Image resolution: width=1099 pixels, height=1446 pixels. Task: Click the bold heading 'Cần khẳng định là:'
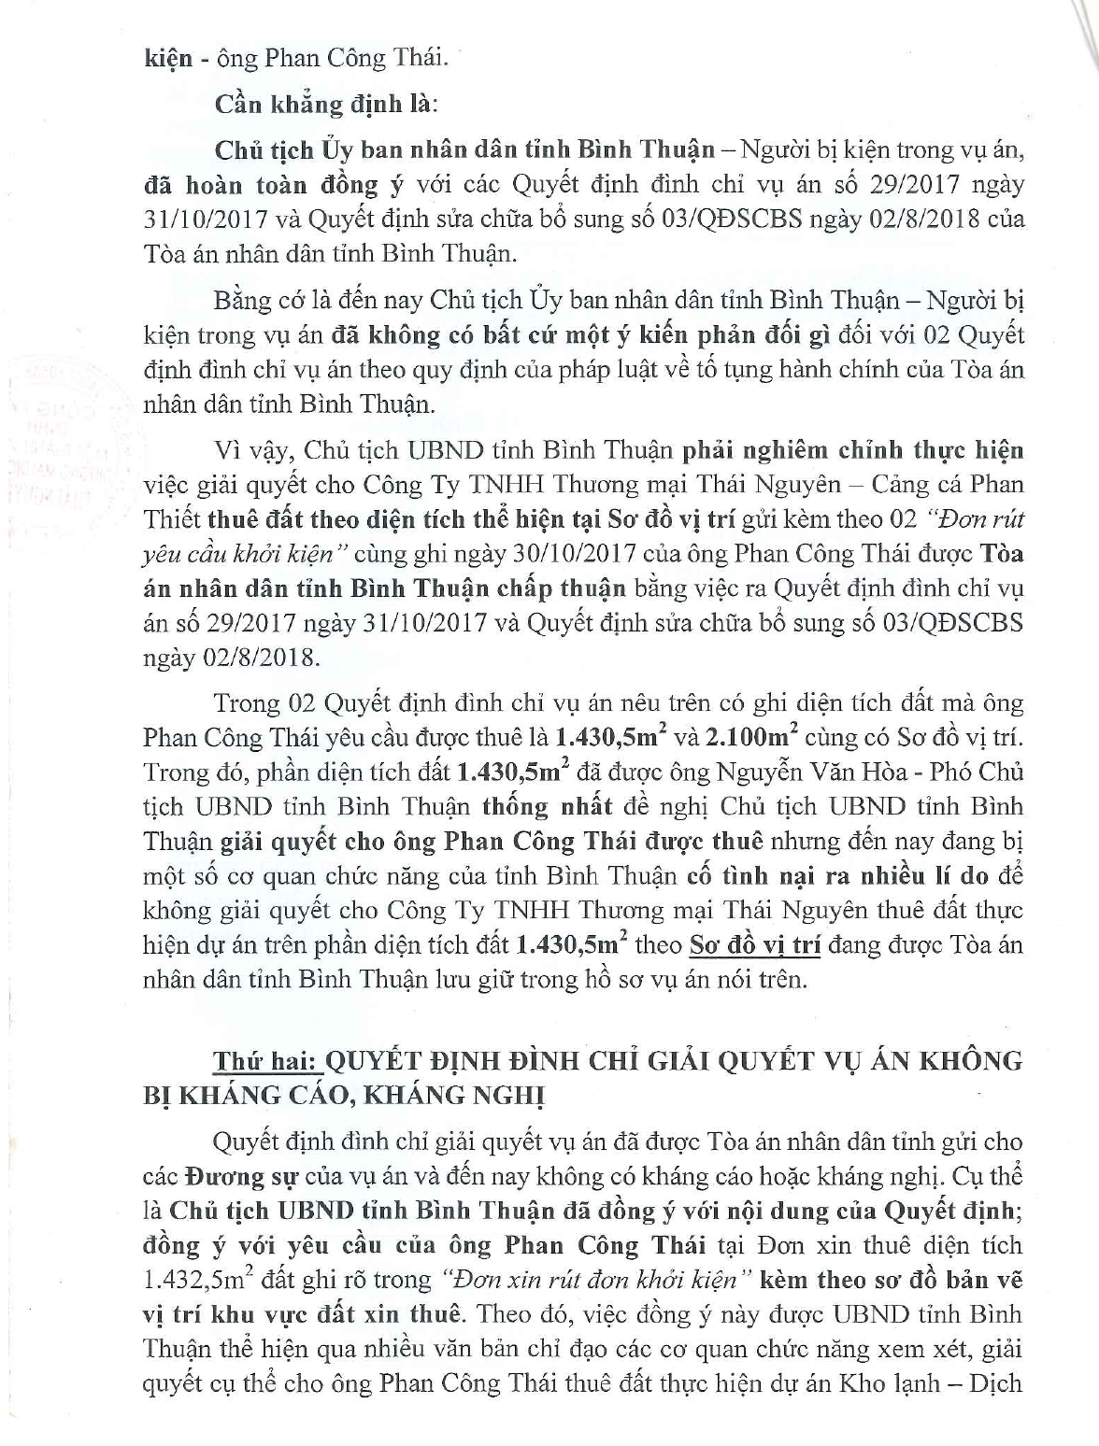[x=324, y=104]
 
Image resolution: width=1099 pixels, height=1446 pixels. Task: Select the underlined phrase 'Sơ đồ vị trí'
[x=754, y=945]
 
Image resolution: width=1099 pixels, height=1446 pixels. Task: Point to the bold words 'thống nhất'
[x=548, y=807]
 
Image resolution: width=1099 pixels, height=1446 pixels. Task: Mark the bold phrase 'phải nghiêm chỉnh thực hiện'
[x=852, y=450]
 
